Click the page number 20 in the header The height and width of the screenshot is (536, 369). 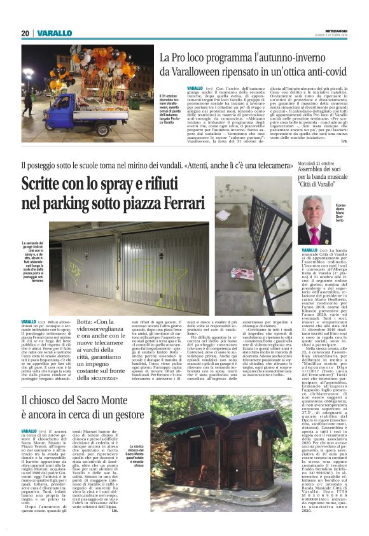click(25, 33)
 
